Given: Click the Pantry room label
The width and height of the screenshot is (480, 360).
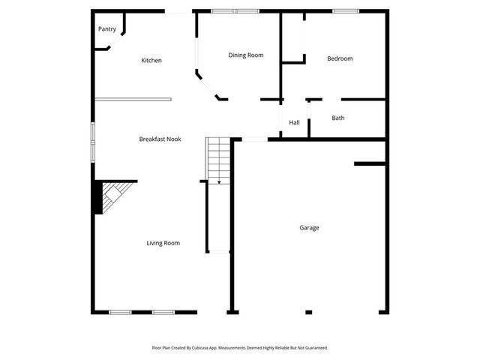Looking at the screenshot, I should [107, 29].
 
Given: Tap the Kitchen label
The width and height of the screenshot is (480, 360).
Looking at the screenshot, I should [151, 61].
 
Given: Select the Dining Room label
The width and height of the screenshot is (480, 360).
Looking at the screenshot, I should [245, 55].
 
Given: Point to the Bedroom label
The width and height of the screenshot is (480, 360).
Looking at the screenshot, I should [340, 58].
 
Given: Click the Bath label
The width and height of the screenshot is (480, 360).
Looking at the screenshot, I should [338, 118].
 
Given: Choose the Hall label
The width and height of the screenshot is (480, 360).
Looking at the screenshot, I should [294, 123].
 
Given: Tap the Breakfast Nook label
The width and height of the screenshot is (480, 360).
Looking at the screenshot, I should [160, 139].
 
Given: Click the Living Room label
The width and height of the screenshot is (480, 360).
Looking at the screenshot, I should [163, 243].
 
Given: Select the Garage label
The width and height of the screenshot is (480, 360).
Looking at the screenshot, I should [309, 228].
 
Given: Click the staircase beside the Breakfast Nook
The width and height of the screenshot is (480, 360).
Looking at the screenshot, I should [217, 159].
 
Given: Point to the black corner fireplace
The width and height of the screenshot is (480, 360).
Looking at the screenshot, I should [98, 197].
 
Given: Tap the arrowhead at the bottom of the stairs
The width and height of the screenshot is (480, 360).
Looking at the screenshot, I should [218, 182].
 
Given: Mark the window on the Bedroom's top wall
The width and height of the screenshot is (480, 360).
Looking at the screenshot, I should [345, 10].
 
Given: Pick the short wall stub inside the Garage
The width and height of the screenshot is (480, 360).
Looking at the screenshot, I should [370, 163].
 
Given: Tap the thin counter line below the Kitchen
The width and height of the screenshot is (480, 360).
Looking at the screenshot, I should [133, 99].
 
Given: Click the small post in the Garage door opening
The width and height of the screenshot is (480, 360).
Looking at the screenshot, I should [307, 312].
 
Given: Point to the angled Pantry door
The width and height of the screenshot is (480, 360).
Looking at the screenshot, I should [104, 48].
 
